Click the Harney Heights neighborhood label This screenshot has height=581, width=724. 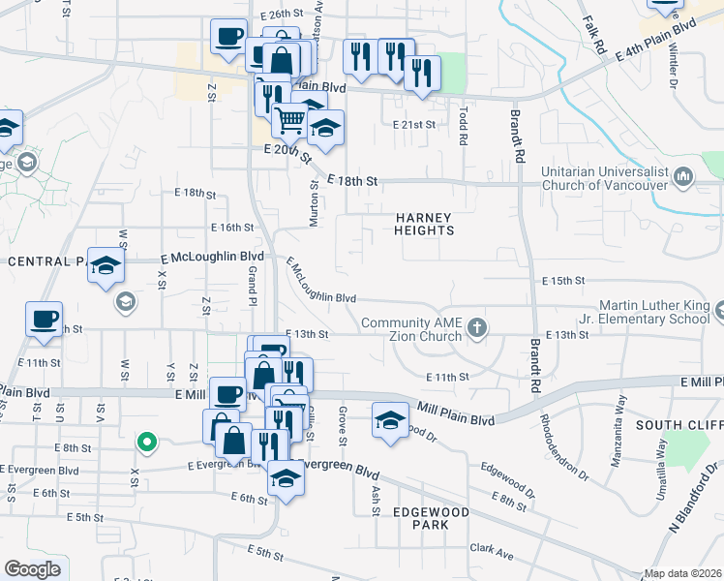tap(424, 223)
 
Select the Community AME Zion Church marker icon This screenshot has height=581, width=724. tap(476, 328)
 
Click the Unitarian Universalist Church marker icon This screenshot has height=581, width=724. tap(683, 177)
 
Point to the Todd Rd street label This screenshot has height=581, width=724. tap(464, 127)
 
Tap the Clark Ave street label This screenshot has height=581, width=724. tap(491, 547)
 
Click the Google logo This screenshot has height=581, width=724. tap(32, 569)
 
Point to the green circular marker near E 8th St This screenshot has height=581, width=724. tap(146, 443)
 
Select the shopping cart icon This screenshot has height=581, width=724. tap(289, 120)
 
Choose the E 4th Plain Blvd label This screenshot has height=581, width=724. tap(656, 45)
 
